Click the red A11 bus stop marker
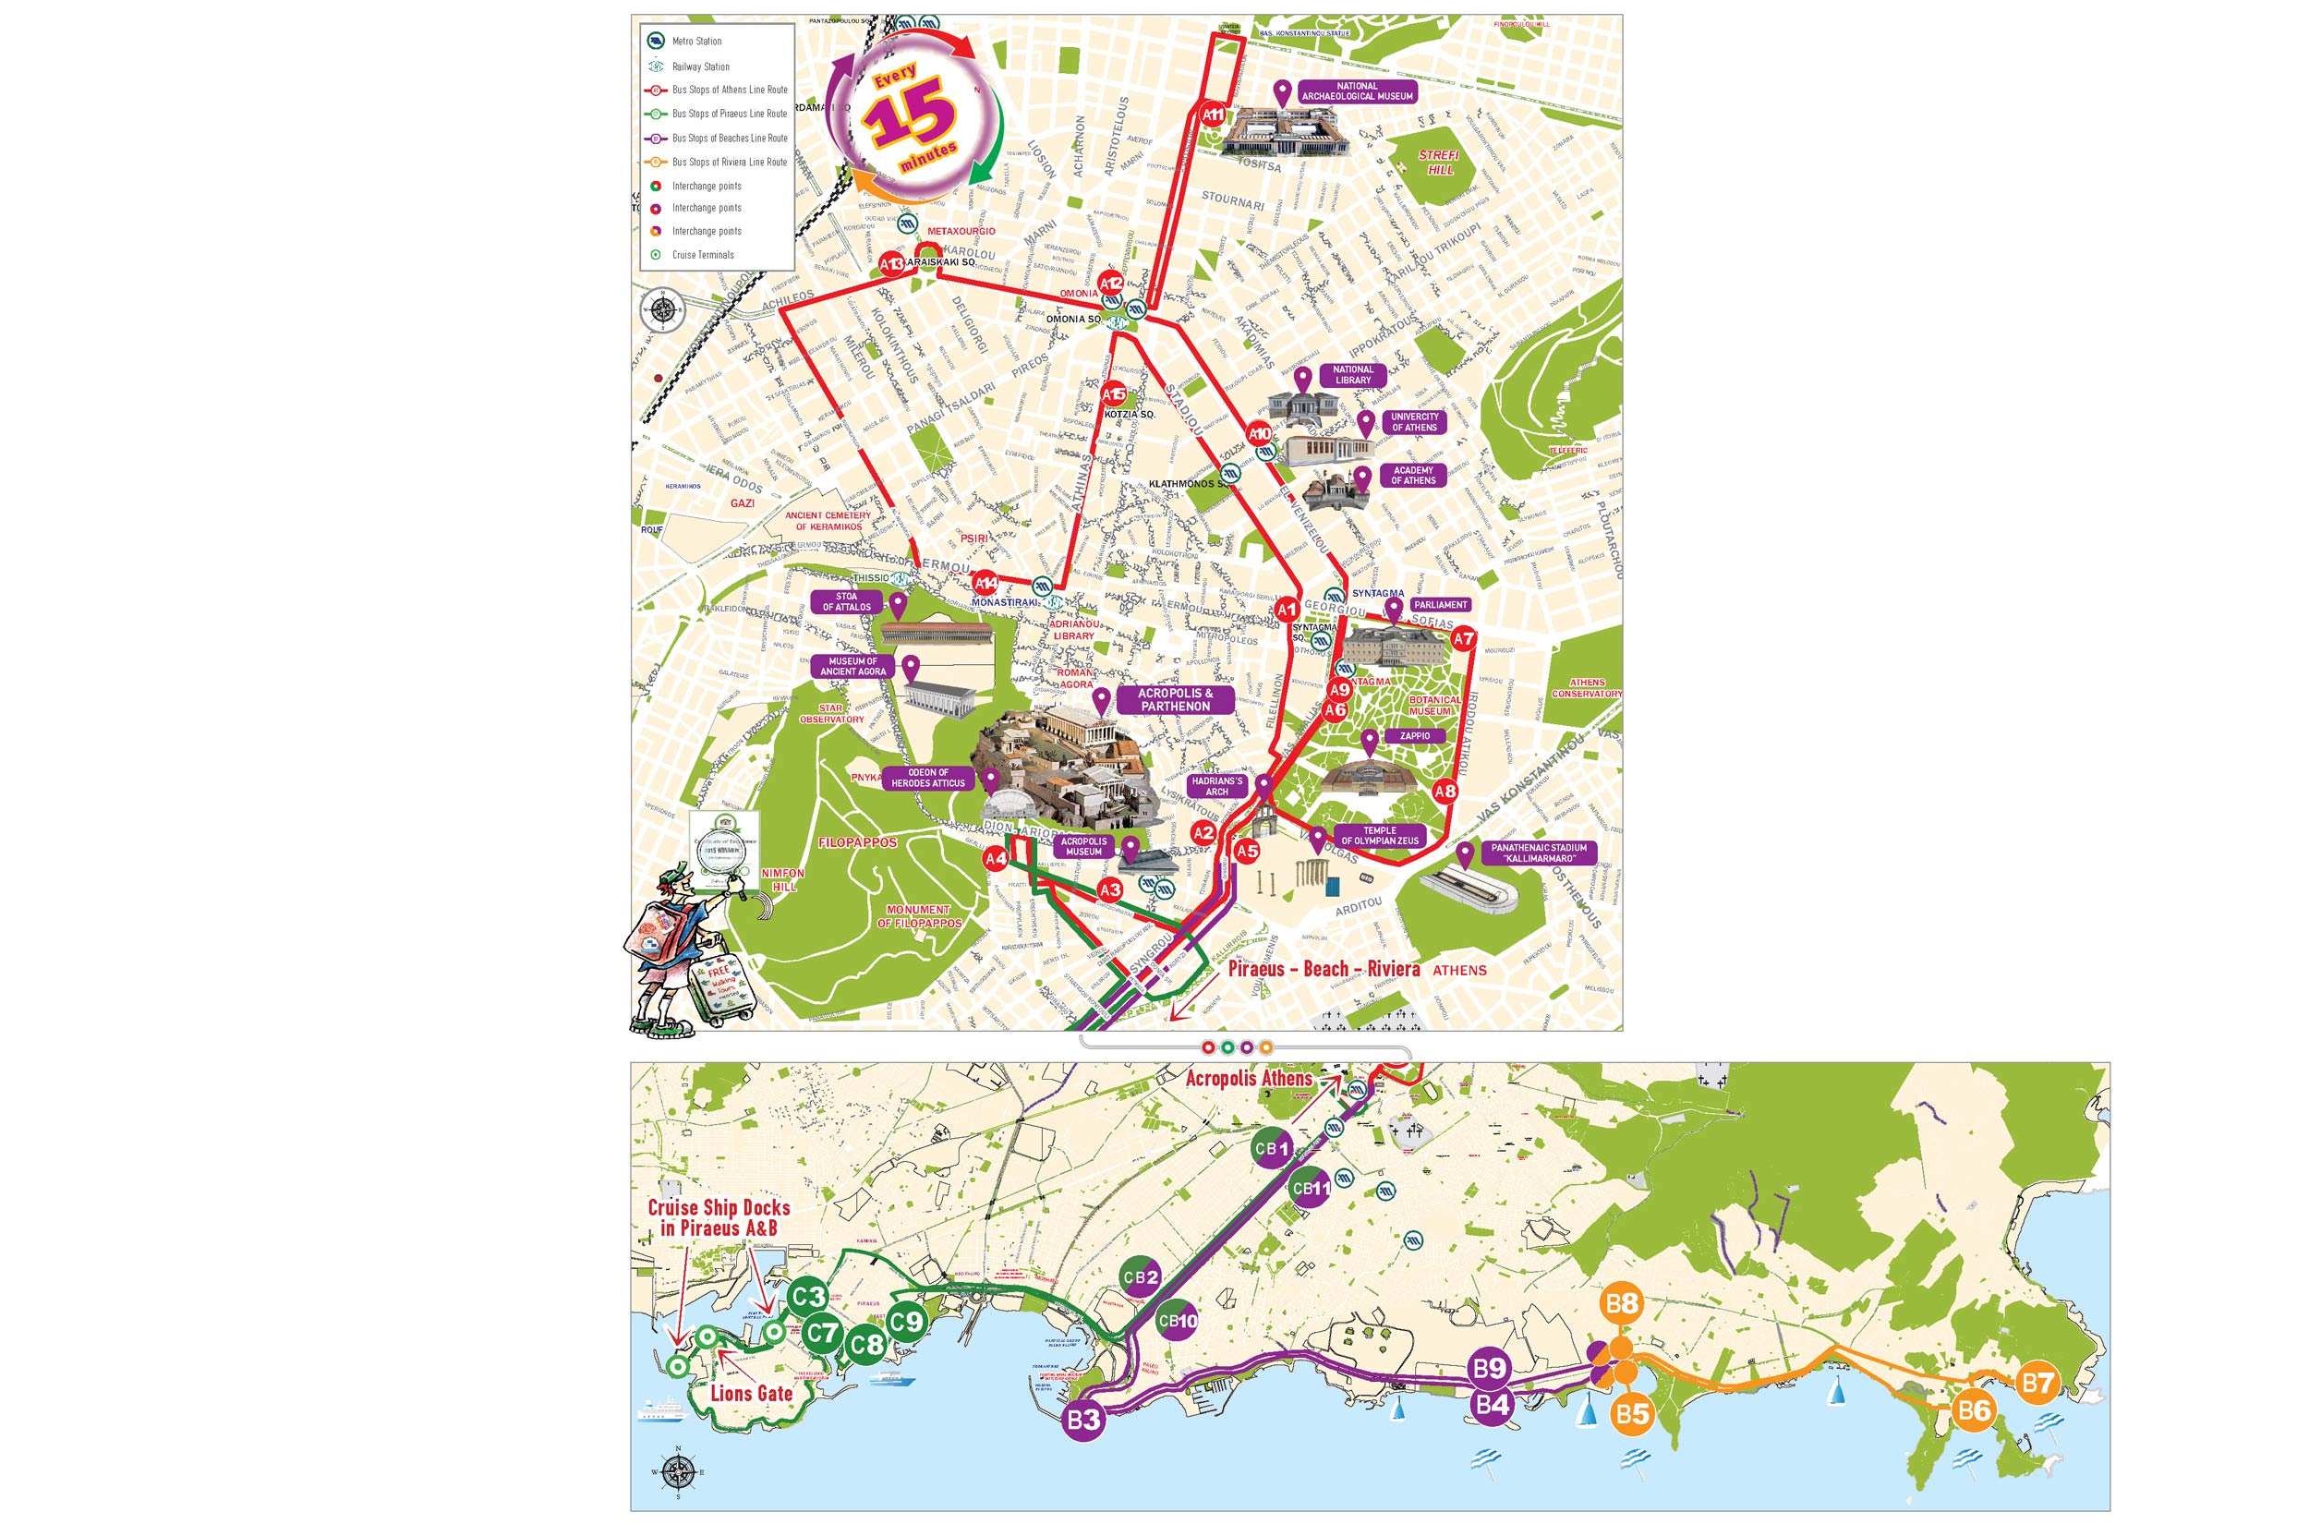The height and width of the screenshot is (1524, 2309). (x=1213, y=114)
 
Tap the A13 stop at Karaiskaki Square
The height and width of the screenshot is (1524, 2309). (x=891, y=263)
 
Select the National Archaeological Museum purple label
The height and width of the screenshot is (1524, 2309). (x=1357, y=91)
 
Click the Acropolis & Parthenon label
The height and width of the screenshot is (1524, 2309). (x=1175, y=700)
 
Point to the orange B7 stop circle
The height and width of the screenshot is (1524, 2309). (x=2037, y=1383)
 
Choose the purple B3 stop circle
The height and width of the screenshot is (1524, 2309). (x=1082, y=1420)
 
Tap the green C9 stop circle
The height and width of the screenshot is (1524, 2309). (x=906, y=1322)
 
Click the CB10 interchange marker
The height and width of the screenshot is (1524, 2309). (x=1177, y=1321)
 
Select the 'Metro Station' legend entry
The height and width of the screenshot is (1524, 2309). (x=695, y=41)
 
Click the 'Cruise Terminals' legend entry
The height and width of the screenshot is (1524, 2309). (x=703, y=255)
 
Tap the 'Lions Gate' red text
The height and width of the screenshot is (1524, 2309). (x=751, y=1393)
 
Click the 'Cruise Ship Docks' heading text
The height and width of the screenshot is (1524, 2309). (x=719, y=1207)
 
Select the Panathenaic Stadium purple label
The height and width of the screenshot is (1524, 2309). (x=1539, y=853)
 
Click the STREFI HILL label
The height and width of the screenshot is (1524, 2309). (x=1439, y=163)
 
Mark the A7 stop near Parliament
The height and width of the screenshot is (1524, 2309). (x=1463, y=638)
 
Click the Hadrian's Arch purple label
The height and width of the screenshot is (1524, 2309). (x=1216, y=786)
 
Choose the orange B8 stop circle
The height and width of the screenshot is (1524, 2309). (x=1621, y=1303)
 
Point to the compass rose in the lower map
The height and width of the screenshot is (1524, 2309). (x=677, y=1471)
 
